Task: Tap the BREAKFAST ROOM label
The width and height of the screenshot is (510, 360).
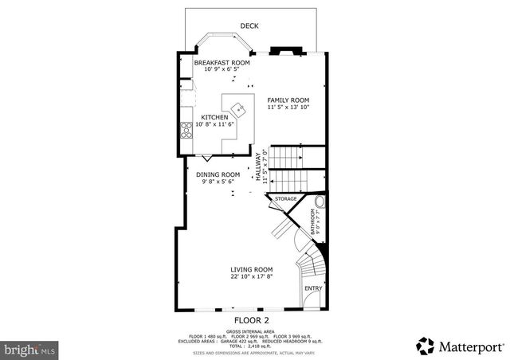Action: (222, 62)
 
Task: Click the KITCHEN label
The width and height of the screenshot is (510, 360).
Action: (215, 117)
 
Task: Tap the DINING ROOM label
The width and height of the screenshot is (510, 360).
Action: (218, 174)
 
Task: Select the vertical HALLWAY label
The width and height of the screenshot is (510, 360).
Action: (258, 169)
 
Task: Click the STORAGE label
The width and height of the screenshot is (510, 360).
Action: (286, 198)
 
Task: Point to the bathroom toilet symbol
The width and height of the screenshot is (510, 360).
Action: (320, 202)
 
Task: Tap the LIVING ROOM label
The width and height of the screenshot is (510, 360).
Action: (252, 269)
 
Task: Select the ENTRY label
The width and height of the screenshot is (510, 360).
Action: (312, 288)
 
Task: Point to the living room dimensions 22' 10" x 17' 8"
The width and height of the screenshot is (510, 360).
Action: (252, 276)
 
